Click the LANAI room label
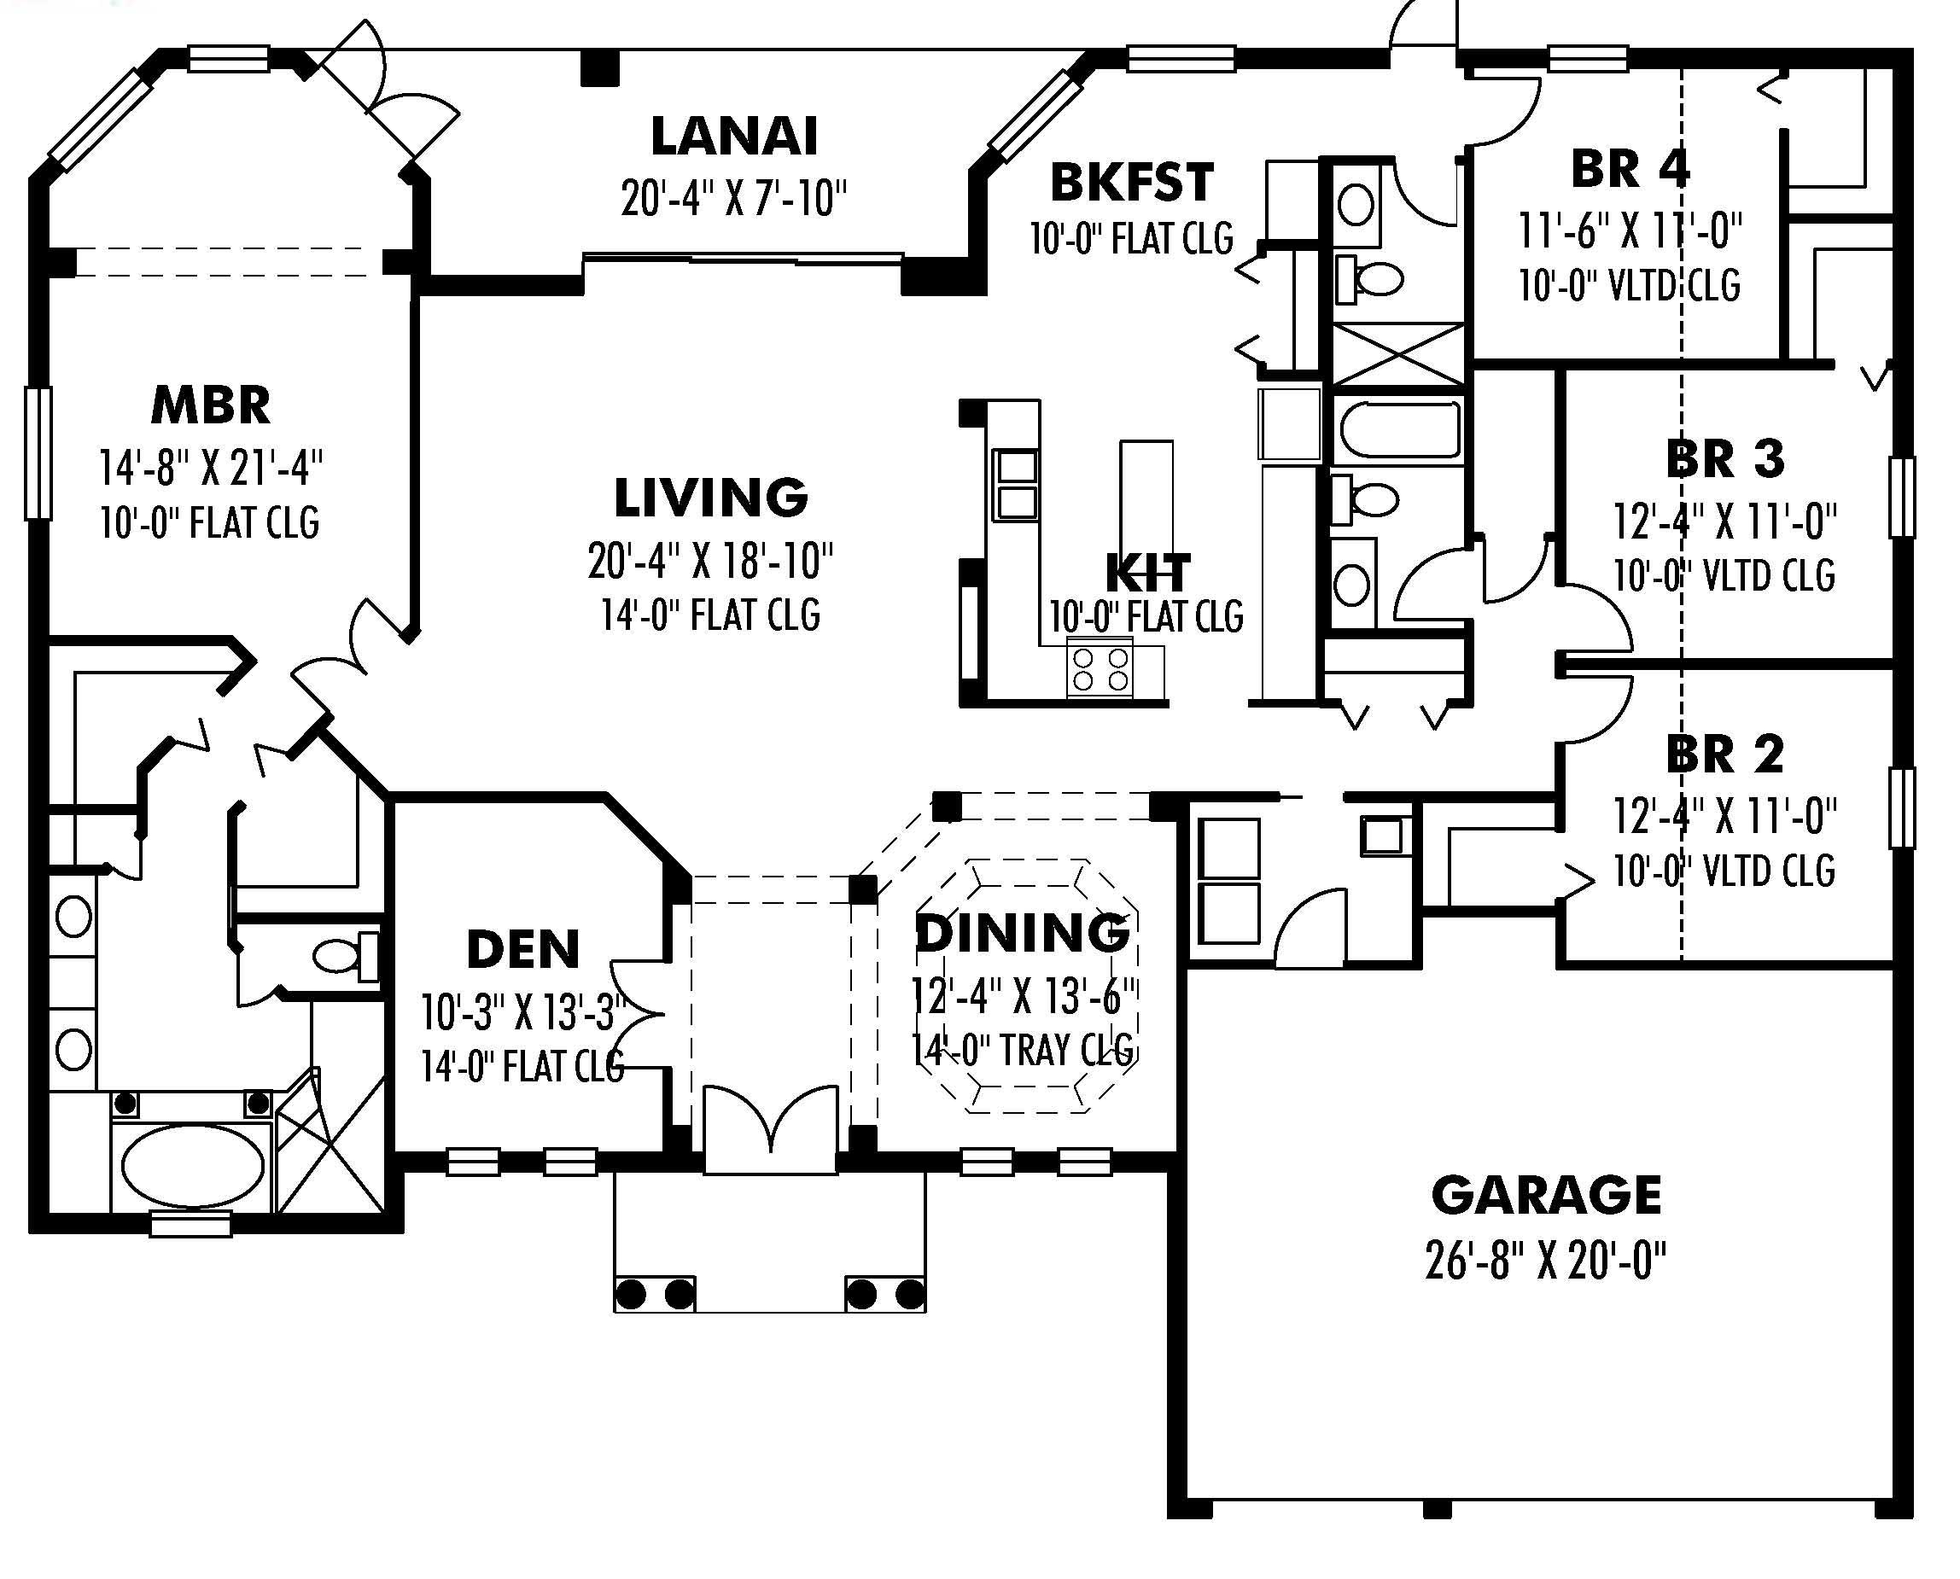[734, 137]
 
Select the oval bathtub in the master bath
[193, 1167]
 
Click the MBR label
[211, 405]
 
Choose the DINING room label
[1023, 933]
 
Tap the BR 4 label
[1630, 169]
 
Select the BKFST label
[1131, 182]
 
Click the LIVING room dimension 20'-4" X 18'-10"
[710, 562]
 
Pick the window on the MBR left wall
[38, 453]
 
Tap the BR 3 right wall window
[1902, 497]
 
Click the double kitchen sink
[1016, 485]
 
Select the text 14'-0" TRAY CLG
[1024, 1051]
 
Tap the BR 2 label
[1724, 754]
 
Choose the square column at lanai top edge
[599, 68]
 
